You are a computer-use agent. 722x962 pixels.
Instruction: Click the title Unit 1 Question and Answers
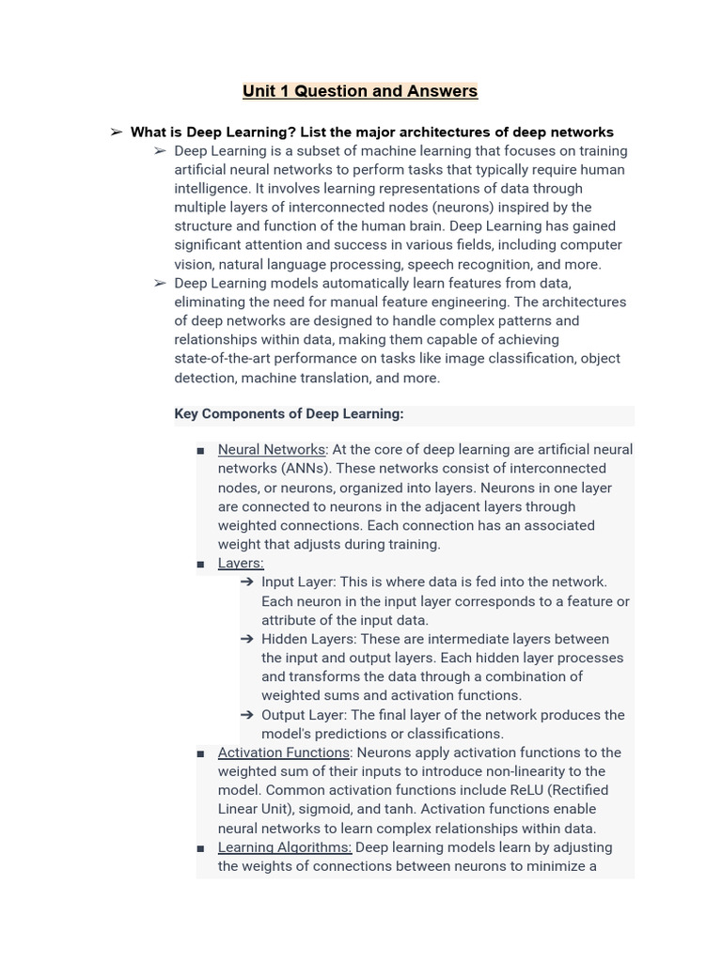tap(360, 91)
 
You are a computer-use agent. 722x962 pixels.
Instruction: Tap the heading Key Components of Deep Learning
tap(289, 413)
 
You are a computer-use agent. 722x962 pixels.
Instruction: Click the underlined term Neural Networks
tap(272, 450)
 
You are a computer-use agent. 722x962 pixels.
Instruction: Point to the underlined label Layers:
tap(241, 563)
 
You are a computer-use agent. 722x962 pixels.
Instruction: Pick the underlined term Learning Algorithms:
tap(285, 847)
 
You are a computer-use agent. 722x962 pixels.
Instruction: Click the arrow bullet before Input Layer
tap(247, 582)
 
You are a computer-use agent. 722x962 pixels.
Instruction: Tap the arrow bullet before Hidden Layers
tap(247, 639)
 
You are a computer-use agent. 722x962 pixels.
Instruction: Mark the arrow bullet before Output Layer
tap(247, 715)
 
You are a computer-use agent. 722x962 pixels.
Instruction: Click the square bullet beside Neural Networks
tap(200, 451)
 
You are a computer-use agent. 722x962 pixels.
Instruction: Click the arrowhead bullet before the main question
tap(117, 132)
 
